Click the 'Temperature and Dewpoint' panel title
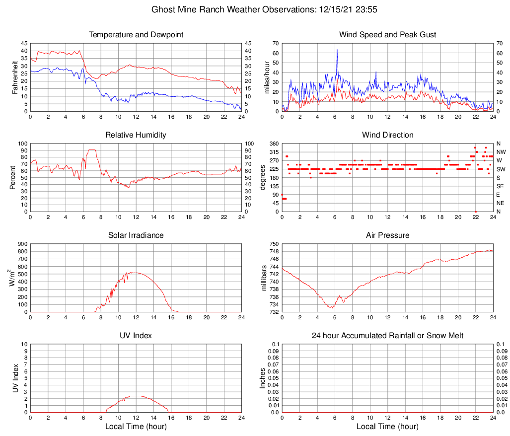tap(136, 35)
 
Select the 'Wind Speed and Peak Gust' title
tap(387, 35)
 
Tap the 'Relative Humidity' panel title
tap(136, 135)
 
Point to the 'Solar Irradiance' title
tap(136, 235)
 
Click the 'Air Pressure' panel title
tap(387, 235)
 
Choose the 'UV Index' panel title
tap(136, 336)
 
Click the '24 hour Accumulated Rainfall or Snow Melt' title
tap(387, 336)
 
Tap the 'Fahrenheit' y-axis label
tap(15, 77)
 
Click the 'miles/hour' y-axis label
tap(266, 77)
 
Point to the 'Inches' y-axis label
tap(263, 378)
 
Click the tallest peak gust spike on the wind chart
tap(337, 50)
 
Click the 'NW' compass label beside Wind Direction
tap(501, 152)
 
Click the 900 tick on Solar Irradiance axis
tap(23, 244)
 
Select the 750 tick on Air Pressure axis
tap(274, 244)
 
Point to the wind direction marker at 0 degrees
tap(475, 212)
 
